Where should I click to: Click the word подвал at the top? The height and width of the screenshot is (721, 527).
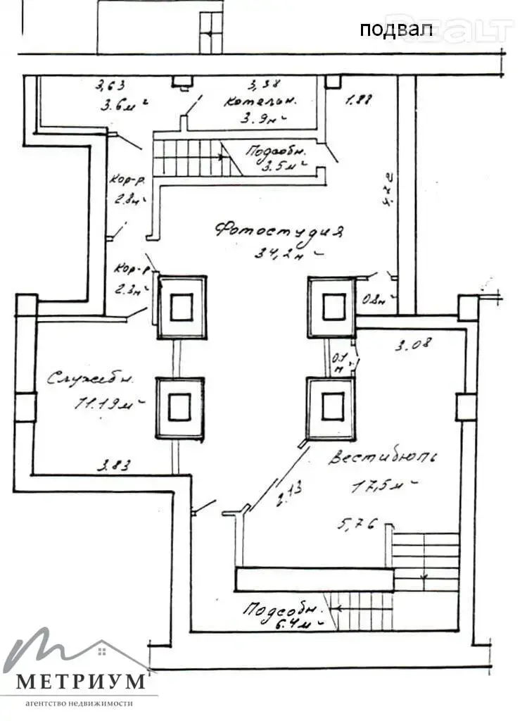tap(386, 30)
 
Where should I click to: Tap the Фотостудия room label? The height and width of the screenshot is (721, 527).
tap(279, 230)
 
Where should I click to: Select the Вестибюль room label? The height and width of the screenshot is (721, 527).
tap(383, 458)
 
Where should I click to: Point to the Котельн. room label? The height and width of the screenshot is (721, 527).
tap(260, 101)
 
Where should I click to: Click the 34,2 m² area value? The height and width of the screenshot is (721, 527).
tap(288, 253)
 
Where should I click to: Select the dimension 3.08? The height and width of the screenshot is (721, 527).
tap(413, 345)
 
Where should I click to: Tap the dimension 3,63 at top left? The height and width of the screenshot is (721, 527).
tap(111, 87)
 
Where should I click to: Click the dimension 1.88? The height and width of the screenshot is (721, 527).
tap(358, 100)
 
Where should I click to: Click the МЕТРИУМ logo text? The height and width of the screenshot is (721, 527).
tap(81, 681)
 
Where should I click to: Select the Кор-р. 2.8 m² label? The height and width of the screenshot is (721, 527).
tap(129, 188)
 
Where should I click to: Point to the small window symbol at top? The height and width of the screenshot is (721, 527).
tap(210, 32)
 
